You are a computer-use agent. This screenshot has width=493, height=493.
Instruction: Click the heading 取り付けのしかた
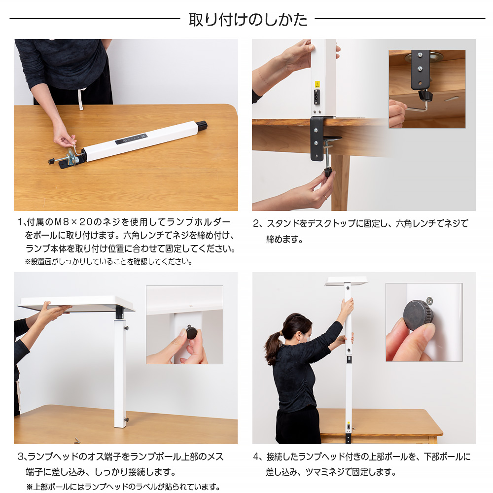(248, 20)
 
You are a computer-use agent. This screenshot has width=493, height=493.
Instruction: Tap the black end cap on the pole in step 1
(202, 125)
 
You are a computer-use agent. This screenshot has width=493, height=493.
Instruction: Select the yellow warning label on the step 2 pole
(317, 84)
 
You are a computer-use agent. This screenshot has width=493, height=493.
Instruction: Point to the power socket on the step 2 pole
(317, 97)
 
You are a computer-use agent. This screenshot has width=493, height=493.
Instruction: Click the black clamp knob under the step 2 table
(328, 172)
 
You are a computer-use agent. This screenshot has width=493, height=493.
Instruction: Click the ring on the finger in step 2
(325, 197)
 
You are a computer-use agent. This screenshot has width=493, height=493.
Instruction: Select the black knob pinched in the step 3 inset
(191, 332)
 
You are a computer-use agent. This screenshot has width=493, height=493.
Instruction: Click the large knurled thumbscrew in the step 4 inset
(418, 315)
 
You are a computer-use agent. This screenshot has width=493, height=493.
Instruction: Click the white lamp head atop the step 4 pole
(347, 281)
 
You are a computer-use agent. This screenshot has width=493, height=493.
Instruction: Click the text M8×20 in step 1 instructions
(73, 222)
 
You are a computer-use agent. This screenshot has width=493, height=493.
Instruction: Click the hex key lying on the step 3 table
(77, 440)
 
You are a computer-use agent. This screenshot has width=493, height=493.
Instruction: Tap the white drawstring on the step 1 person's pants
(81, 99)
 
